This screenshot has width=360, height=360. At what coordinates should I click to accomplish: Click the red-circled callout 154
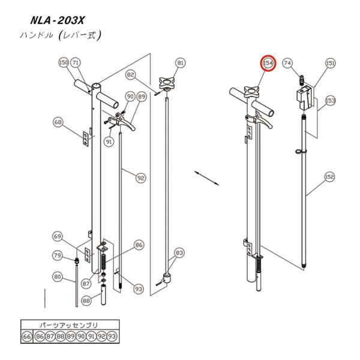[x=268, y=64]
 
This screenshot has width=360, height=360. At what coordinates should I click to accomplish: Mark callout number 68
[x=58, y=122]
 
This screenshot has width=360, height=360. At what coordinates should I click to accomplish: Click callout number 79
[x=58, y=256]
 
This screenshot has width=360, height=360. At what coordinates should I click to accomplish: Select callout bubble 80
[x=58, y=277]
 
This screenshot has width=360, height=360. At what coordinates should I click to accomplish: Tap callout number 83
[x=179, y=253]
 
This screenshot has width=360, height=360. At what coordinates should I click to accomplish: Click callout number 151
[x=330, y=63]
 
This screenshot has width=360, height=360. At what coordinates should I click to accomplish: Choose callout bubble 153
[x=330, y=100]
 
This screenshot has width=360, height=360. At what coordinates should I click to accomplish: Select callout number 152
[x=330, y=177]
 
